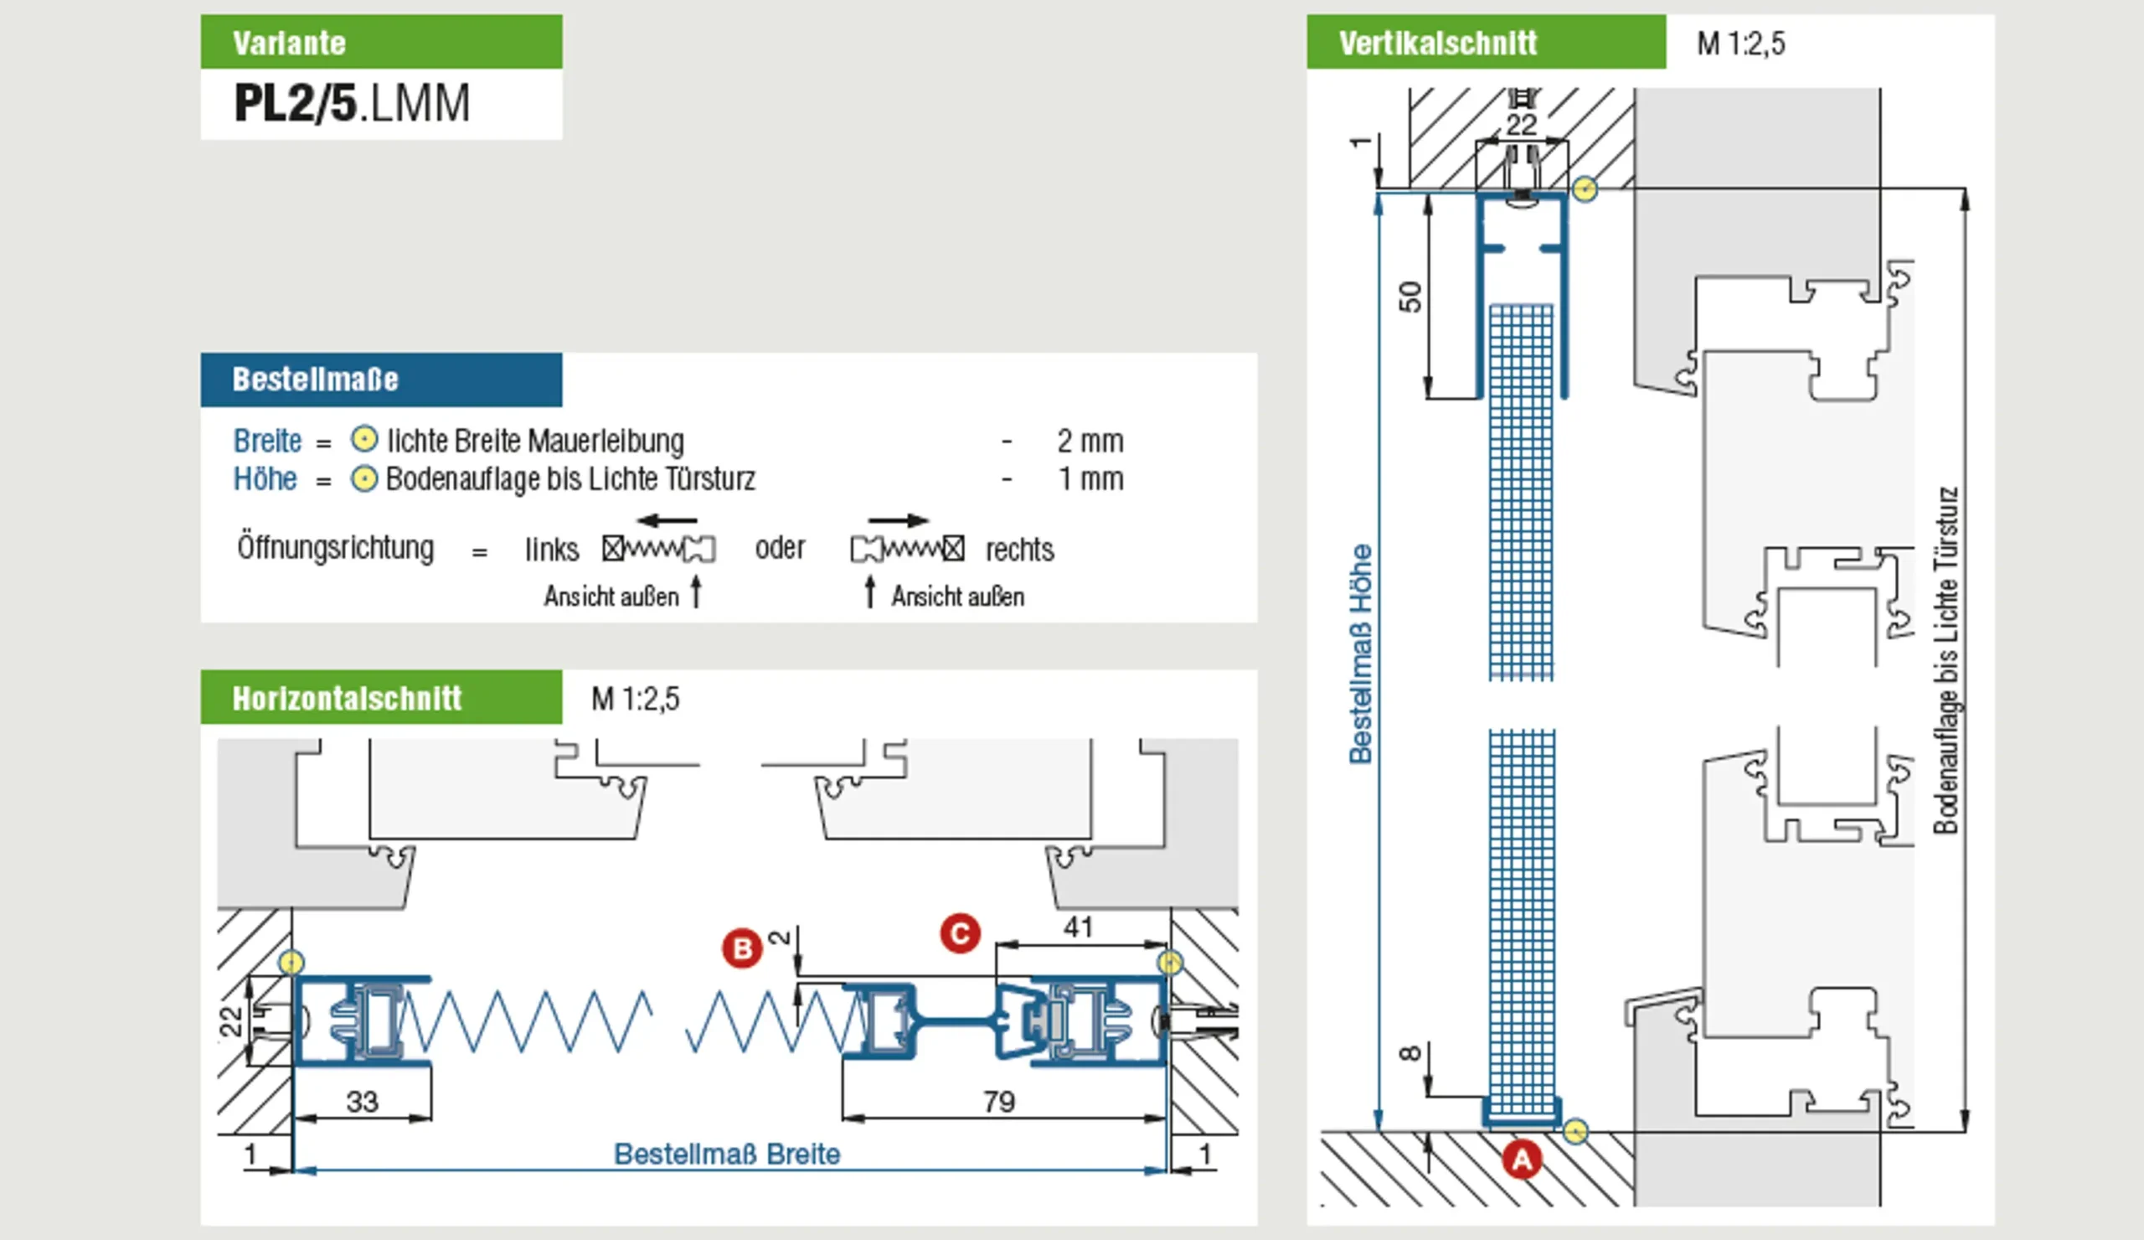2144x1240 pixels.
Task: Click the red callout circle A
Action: coord(1521,1160)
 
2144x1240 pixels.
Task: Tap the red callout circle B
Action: coord(742,948)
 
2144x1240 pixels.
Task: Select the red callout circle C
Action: coord(960,933)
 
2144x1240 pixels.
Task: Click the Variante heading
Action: coord(289,43)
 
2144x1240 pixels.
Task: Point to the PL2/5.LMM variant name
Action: coord(352,104)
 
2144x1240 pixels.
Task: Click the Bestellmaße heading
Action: coord(315,380)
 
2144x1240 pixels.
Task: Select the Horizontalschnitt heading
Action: coord(347,699)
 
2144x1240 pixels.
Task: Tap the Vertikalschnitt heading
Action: coord(1438,43)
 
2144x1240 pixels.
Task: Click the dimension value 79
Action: coord(999,1102)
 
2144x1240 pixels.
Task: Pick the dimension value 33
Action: coord(362,1102)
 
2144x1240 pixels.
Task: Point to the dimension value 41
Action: coord(1077,927)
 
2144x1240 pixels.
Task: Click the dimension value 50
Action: coord(1410,296)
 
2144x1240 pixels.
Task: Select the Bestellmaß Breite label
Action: coord(728,1154)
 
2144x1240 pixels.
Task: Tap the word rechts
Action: coord(1019,550)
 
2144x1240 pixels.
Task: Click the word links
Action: coord(551,550)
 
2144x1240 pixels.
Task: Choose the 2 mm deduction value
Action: coord(1090,441)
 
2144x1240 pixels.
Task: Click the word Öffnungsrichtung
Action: coord(335,547)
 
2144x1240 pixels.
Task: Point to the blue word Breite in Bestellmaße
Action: coord(267,441)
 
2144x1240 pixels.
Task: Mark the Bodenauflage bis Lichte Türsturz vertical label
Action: coord(1946,659)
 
